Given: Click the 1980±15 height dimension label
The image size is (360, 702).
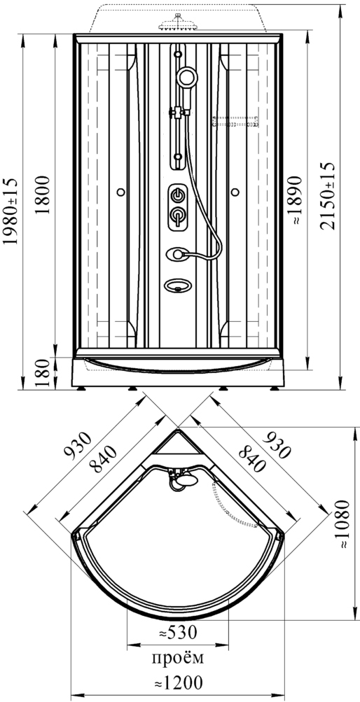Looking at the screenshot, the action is click(11, 211).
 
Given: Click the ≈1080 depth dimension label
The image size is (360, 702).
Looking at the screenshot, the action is click(343, 524).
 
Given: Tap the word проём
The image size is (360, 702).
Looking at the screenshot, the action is click(178, 658).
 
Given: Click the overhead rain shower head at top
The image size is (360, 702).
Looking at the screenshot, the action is click(178, 23).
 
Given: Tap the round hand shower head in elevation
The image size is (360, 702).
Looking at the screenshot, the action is click(186, 78).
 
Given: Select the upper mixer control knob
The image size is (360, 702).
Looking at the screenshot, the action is click(178, 195).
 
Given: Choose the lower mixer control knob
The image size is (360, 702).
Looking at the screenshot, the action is click(178, 217).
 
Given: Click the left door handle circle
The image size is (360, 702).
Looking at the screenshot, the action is click(120, 192).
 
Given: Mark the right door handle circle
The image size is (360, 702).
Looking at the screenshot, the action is click(235, 192).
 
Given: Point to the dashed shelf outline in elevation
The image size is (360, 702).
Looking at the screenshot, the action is click(235, 121).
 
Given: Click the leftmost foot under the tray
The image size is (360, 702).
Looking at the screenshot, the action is click(81, 388).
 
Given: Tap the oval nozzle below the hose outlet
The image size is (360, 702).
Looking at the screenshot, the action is click(178, 285).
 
